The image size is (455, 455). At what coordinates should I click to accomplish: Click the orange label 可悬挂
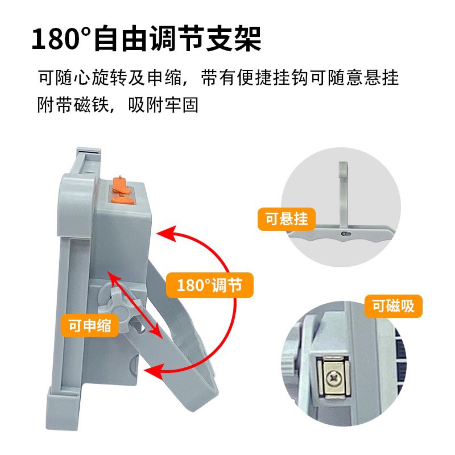coord(286,219)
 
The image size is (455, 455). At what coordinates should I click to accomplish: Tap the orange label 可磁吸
coord(393,306)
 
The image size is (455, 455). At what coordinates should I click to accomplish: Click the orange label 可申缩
coord(90,326)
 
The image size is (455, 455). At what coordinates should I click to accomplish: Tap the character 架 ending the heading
coord(247,38)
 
